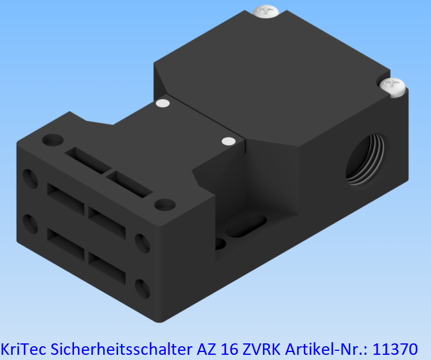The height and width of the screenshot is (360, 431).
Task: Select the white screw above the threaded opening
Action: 393,86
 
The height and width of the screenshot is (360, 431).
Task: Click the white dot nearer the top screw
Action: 163,104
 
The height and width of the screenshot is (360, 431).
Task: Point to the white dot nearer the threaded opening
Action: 228,140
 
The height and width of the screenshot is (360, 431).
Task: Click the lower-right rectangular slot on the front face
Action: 107,264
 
